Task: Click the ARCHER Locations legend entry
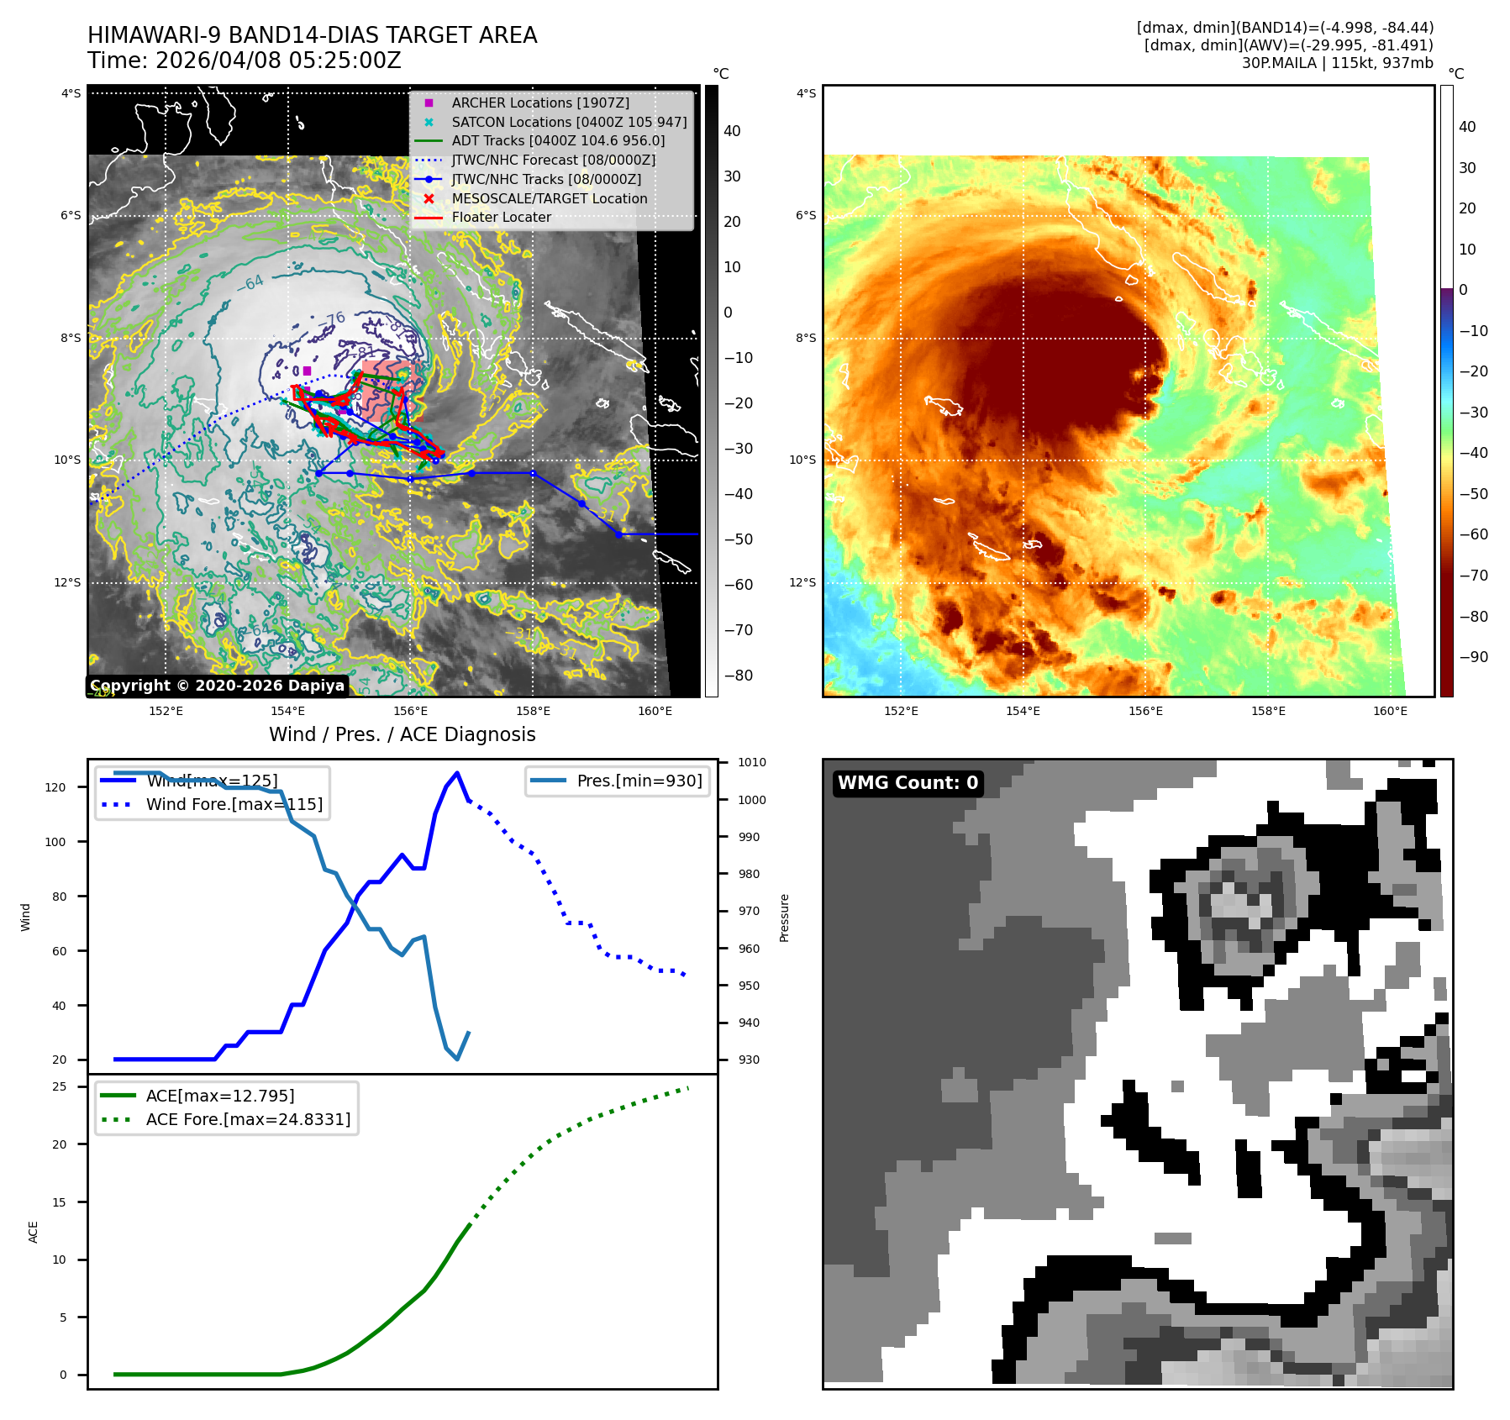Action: tap(539, 103)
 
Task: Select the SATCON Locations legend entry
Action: tap(569, 122)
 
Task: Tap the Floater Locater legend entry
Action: tap(501, 217)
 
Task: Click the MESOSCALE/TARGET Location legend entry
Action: tap(549, 198)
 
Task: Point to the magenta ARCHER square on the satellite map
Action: tap(308, 371)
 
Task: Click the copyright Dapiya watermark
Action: tap(217, 686)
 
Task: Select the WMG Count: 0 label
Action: tap(908, 783)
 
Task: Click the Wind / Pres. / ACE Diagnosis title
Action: tap(402, 734)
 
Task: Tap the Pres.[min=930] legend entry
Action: tap(639, 781)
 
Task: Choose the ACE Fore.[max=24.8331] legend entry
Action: tap(248, 1119)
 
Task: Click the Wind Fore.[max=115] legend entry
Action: tap(234, 804)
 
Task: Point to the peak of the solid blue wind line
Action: tap(457, 773)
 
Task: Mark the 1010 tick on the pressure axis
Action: tap(752, 762)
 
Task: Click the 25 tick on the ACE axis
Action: tap(60, 1086)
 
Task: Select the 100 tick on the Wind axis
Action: tap(55, 842)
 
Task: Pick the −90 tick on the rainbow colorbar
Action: tap(1473, 657)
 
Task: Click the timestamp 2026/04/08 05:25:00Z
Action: tap(278, 60)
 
